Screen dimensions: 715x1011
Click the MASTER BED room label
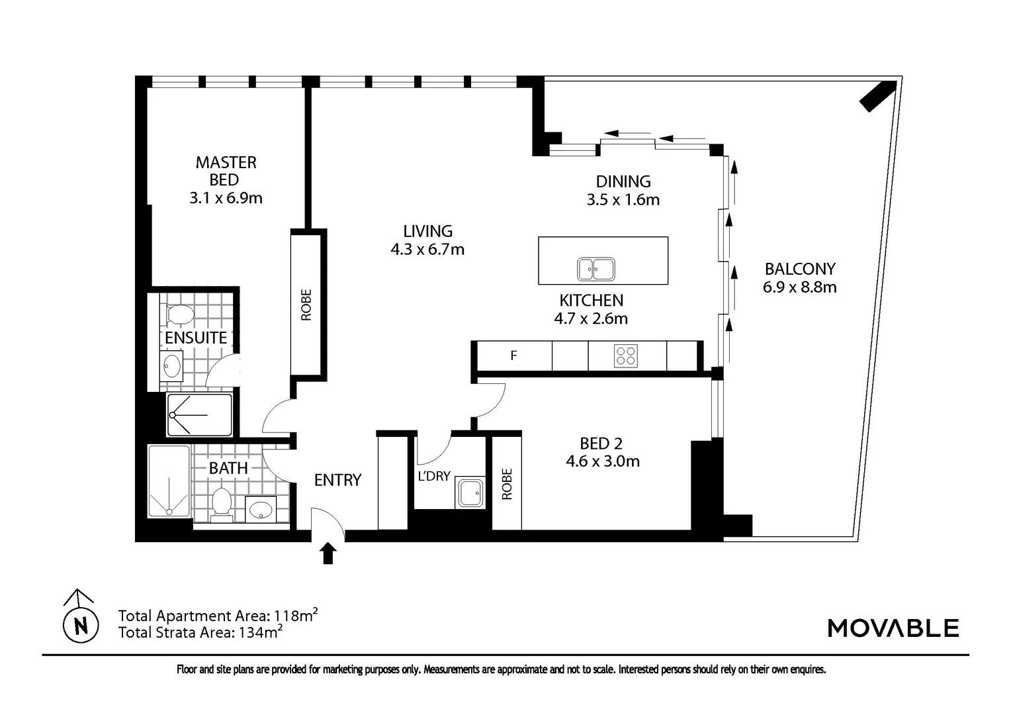[226, 171]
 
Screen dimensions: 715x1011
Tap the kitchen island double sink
[595, 269]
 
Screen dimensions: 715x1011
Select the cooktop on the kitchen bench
[626, 356]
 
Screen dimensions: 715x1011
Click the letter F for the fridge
[513, 356]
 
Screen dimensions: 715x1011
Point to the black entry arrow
[328, 553]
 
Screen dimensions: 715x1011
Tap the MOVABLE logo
[893, 628]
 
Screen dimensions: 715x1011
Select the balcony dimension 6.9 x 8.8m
[799, 287]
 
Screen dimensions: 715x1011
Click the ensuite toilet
[179, 314]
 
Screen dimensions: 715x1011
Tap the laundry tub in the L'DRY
[470, 494]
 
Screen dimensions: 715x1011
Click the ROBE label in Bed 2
[507, 484]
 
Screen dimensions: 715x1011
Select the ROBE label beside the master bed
[306, 305]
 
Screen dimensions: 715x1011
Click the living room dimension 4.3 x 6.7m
[427, 250]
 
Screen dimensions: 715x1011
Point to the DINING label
[623, 181]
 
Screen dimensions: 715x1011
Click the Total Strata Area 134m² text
[200, 632]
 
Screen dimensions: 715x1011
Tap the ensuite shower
[199, 415]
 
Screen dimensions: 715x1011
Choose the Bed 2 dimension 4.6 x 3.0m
[602, 461]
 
